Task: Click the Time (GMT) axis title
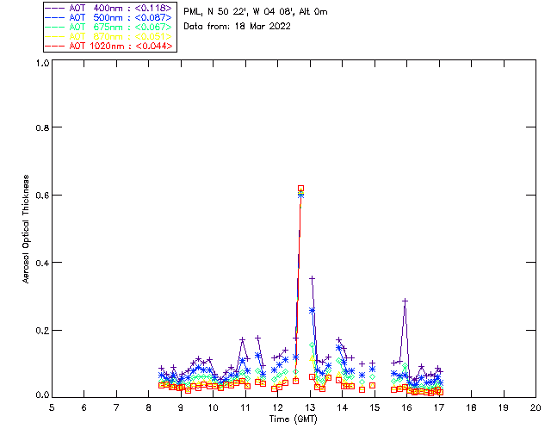(294, 419)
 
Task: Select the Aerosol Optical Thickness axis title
(27, 228)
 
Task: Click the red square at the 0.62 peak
(300, 188)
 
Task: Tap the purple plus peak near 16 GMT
(405, 301)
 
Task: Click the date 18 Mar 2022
(259, 26)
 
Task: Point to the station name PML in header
(193, 12)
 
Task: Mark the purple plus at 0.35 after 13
(312, 278)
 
